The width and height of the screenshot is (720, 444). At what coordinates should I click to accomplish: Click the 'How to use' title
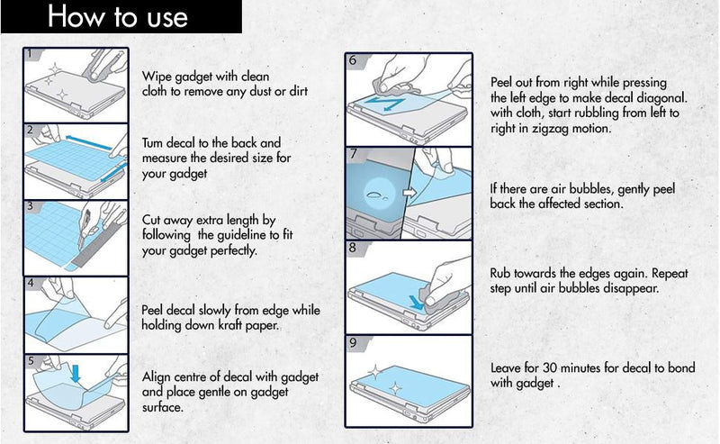tap(118, 17)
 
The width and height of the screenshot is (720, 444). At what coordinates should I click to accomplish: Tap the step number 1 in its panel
tap(30, 54)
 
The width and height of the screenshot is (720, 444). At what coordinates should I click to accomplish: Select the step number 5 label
tap(31, 361)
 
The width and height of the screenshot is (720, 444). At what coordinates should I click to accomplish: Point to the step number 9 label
tap(353, 342)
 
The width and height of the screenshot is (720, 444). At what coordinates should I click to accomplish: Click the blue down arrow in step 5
tap(76, 373)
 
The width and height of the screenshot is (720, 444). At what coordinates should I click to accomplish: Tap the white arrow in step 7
tap(409, 192)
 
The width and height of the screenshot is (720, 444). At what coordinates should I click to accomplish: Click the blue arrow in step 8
tap(417, 302)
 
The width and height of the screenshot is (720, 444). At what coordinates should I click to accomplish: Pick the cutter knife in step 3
tap(85, 228)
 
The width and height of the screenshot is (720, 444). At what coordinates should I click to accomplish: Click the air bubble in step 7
tap(376, 195)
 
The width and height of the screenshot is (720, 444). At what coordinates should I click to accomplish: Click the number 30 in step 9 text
tap(550, 367)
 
